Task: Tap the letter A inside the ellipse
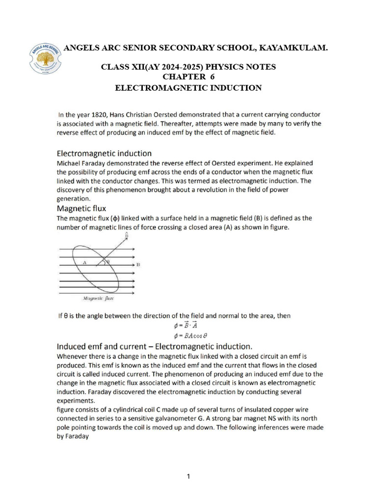(84, 263)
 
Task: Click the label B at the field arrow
(138, 264)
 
